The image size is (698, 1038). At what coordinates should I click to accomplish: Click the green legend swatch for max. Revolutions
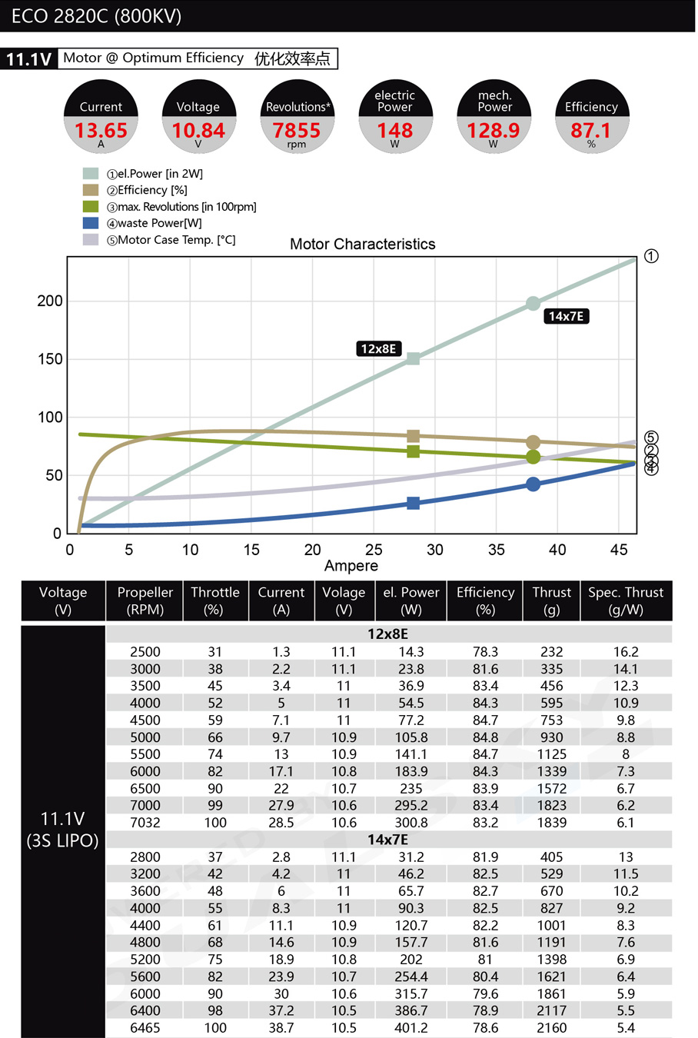pyautogui.click(x=91, y=207)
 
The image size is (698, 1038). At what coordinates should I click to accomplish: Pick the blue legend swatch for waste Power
pyautogui.click(x=91, y=223)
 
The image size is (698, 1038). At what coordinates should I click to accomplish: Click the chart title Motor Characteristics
pyautogui.click(x=362, y=245)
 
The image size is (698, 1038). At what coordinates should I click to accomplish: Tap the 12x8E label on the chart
pyautogui.click(x=378, y=348)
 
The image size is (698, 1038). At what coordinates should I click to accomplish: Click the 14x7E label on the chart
pyautogui.click(x=566, y=316)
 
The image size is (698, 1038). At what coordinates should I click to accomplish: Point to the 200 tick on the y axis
pyautogui.click(x=50, y=301)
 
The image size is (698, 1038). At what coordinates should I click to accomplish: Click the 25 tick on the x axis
pyautogui.click(x=374, y=550)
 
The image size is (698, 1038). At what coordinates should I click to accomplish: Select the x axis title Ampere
pyautogui.click(x=351, y=566)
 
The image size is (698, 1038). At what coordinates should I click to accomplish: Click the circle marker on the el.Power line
pyautogui.click(x=533, y=304)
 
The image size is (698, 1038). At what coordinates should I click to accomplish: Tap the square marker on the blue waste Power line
pyautogui.click(x=413, y=503)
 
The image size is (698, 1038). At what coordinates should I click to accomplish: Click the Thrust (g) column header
pyautogui.click(x=551, y=601)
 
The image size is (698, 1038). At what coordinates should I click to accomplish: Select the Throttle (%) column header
pyautogui.click(x=214, y=601)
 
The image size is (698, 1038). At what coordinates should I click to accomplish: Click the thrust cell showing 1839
pyautogui.click(x=551, y=823)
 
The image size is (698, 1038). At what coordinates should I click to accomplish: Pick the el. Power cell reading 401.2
pyautogui.click(x=410, y=1028)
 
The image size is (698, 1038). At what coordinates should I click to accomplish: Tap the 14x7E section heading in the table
pyautogui.click(x=387, y=840)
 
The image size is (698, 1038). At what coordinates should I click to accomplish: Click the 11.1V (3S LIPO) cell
pyautogui.click(x=62, y=829)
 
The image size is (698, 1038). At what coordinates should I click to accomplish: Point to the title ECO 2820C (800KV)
pyautogui.click(x=96, y=16)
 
